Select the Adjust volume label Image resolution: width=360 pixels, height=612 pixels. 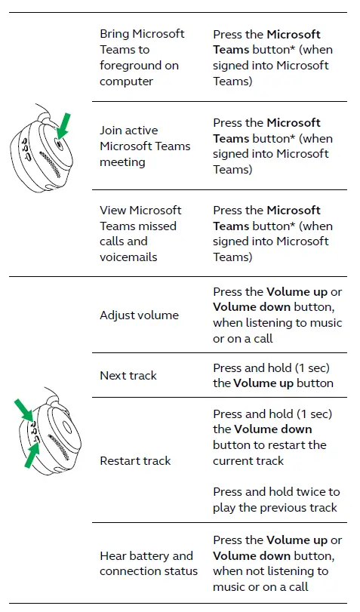[x=139, y=315]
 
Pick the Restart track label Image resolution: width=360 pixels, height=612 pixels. [x=135, y=460]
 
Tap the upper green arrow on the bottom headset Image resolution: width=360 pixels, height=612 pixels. [x=24, y=411]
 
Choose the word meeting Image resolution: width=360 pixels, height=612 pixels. [x=122, y=161]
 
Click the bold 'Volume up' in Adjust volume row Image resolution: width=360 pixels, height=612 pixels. [x=296, y=291]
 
